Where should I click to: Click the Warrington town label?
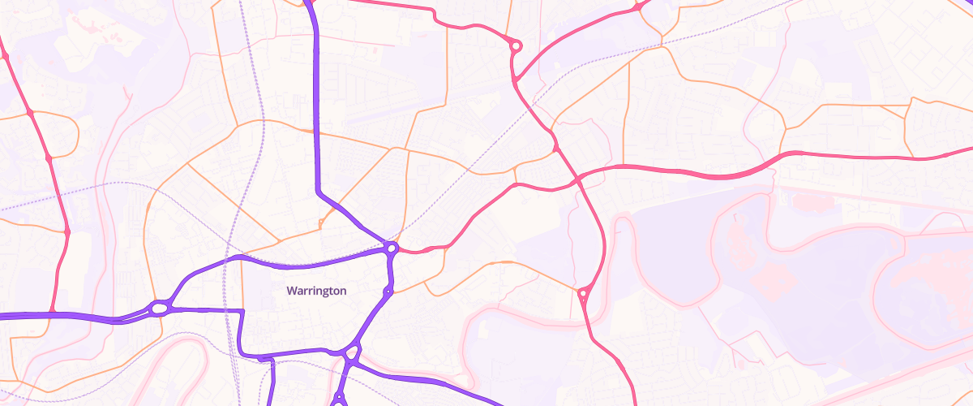pos(316,291)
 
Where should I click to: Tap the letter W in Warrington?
pos(291,291)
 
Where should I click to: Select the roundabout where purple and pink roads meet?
pos(392,248)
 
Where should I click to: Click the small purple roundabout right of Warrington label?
pos(388,291)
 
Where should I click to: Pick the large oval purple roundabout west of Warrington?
pos(160,309)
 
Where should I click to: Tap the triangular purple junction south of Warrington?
pos(352,353)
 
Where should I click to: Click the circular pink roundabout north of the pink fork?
pos(515,46)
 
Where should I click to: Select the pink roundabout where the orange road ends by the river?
pos(583,292)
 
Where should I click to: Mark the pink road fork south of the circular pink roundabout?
pos(516,80)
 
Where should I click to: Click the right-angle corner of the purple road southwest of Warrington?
pos(242,311)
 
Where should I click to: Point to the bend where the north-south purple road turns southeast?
pos(319,192)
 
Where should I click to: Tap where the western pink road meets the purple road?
pos(52,313)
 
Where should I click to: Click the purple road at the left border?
pos(2,315)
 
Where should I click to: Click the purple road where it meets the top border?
pos(309,2)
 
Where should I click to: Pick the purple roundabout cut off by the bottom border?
pos(339,400)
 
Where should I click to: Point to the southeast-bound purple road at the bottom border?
pos(496,401)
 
